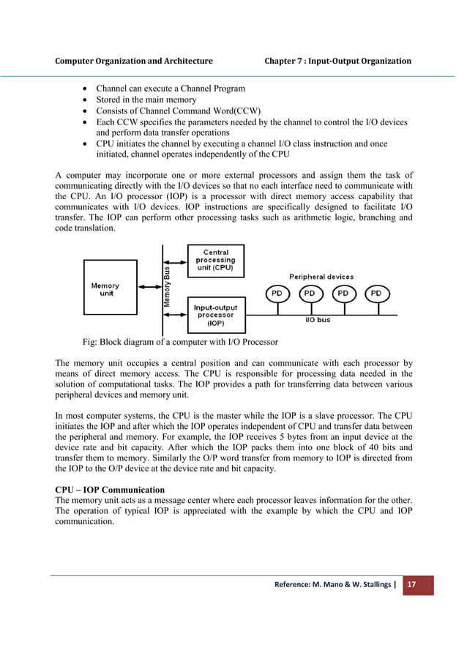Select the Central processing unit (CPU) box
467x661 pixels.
216,261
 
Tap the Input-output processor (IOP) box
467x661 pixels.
216,313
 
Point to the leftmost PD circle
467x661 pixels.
277,294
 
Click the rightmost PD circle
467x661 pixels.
376,294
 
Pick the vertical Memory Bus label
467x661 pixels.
168,286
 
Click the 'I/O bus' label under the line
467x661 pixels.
318,321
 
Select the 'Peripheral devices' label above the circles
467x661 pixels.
321,277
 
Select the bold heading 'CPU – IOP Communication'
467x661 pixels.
110,490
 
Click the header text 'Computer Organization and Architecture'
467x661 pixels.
134,61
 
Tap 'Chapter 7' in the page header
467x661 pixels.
288,61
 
